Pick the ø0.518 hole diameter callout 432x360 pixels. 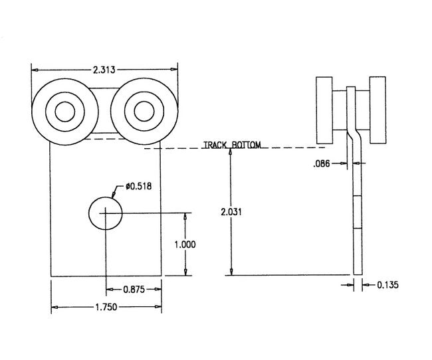(x=137, y=187)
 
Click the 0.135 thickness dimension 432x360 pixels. (x=387, y=285)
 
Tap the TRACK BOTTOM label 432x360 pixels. (x=232, y=144)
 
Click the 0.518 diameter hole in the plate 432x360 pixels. (x=105, y=213)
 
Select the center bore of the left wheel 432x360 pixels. (x=64, y=111)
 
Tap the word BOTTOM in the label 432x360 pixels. (x=246, y=144)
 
